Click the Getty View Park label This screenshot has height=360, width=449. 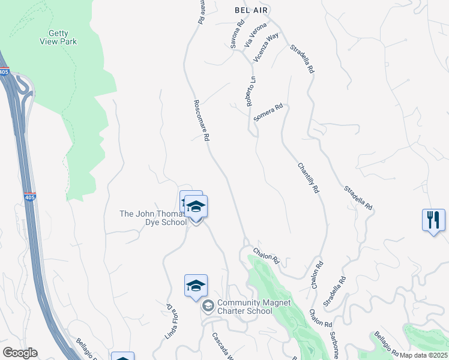point(59,37)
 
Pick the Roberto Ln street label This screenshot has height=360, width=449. point(252,91)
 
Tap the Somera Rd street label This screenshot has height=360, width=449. point(268,113)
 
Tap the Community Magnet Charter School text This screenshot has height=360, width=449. point(245,307)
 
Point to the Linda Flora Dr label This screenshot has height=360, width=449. point(172,321)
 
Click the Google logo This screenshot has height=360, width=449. point(19,353)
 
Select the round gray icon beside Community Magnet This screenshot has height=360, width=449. point(208,307)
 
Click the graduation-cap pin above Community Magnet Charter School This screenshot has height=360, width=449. point(196,286)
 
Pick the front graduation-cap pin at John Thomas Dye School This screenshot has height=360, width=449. point(196,208)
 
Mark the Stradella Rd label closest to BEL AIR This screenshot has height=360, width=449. point(302,59)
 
